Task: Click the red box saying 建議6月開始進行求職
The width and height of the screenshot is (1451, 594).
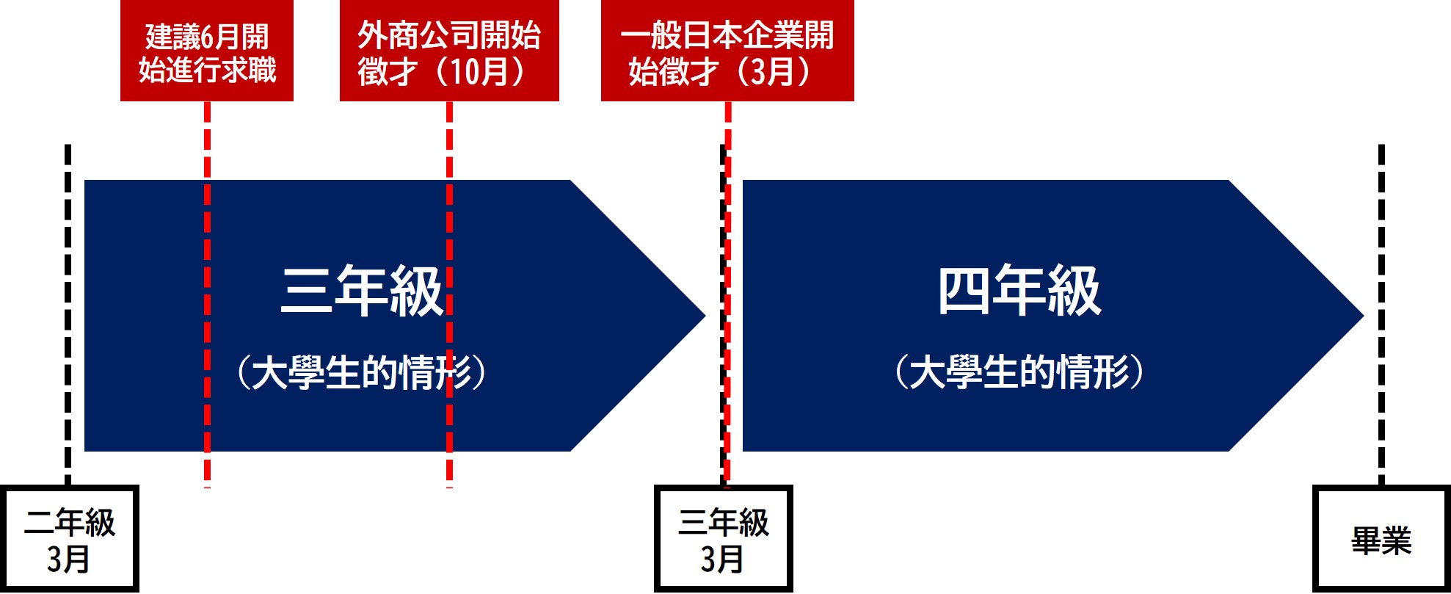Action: pyautogui.click(x=207, y=50)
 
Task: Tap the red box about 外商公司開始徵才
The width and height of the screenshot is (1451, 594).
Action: pyautogui.click(x=449, y=50)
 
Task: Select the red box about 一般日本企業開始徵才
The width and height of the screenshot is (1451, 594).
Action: pyautogui.click(x=727, y=50)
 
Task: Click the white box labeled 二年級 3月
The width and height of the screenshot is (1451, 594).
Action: pyautogui.click(x=69, y=539)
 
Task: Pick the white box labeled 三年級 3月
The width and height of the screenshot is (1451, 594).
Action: pyautogui.click(x=723, y=539)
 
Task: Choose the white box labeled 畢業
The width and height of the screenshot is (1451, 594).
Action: pyautogui.click(x=1381, y=539)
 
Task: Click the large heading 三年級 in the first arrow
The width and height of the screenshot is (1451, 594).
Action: pyautogui.click(x=363, y=291)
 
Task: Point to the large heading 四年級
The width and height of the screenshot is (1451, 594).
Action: pyautogui.click(x=1019, y=291)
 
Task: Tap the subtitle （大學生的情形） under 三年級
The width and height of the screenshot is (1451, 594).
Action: pyautogui.click(x=361, y=372)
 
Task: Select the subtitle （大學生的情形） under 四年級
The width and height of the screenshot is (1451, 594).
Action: pyautogui.click(x=1019, y=372)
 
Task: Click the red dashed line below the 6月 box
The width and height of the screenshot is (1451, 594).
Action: pyautogui.click(x=208, y=294)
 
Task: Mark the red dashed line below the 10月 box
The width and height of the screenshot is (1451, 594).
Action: pyautogui.click(x=449, y=294)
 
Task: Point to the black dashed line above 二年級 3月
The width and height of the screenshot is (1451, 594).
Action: pyautogui.click(x=68, y=314)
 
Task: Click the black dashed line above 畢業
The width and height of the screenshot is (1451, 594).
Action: pyautogui.click(x=1381, y=314)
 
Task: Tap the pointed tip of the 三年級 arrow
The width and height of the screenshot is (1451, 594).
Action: pyautogui.click(x=705, y=316)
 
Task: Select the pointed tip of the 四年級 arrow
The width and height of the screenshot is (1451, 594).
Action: pyautogui.click(x=1364, y=316)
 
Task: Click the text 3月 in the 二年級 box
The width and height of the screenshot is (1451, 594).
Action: pyautogui.click(x=68, y=559)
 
